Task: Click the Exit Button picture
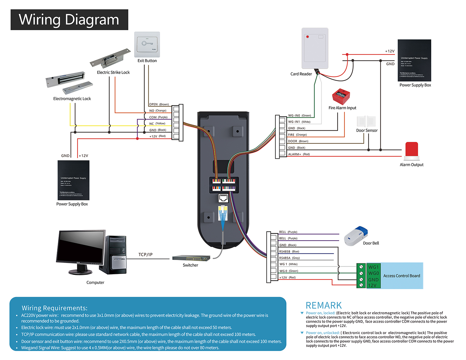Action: (147, 44)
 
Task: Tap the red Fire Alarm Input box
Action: (341, 97)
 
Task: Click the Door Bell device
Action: (356, 236)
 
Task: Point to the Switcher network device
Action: (191, 258)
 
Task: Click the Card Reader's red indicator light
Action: (308, 37)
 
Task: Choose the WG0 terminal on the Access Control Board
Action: (373, 273)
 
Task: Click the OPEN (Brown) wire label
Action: (159, 104)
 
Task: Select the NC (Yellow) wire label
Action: (157, 124)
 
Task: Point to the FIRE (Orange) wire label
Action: (297, 135)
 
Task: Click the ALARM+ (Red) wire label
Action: (299, 154)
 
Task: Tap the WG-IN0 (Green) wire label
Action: (299, 116)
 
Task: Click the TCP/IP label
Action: (145, 255)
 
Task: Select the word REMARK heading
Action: (324, 305)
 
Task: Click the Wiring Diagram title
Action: (69, 20)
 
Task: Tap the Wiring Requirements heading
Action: (55, 308)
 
